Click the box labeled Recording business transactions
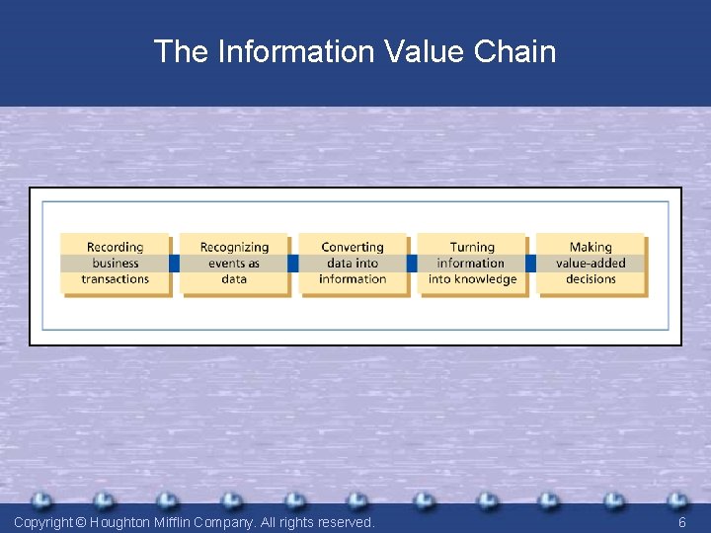115,264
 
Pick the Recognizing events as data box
234,264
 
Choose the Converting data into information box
353,264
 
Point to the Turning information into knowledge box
471,264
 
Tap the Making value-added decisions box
591,264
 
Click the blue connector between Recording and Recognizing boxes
175,264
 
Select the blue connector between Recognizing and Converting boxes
293,264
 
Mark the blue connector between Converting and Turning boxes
412,264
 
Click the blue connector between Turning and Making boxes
530,264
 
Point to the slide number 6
681,522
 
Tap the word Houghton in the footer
125,522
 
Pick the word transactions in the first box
115,279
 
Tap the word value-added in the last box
591,264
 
